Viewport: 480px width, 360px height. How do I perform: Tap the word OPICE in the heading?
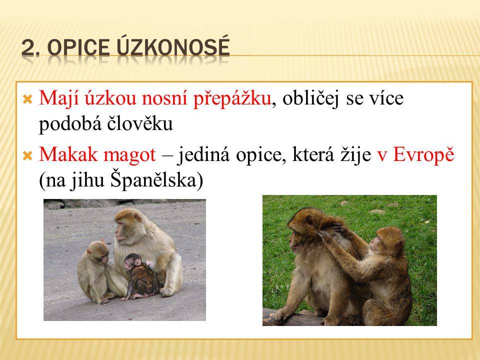(x=78, y=48)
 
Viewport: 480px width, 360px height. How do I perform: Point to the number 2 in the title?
(x=27, y=48)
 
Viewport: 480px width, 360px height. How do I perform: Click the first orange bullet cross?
(x=27, y=99)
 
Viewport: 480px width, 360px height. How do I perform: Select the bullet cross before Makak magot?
(x=27, y=156)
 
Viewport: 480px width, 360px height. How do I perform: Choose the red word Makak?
(x=68, y=154)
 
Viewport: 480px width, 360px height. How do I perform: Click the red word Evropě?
(x=423, y=154)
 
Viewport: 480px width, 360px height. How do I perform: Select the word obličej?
(x=310, y=99)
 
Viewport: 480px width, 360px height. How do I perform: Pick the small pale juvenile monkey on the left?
(x=95, y=271)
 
